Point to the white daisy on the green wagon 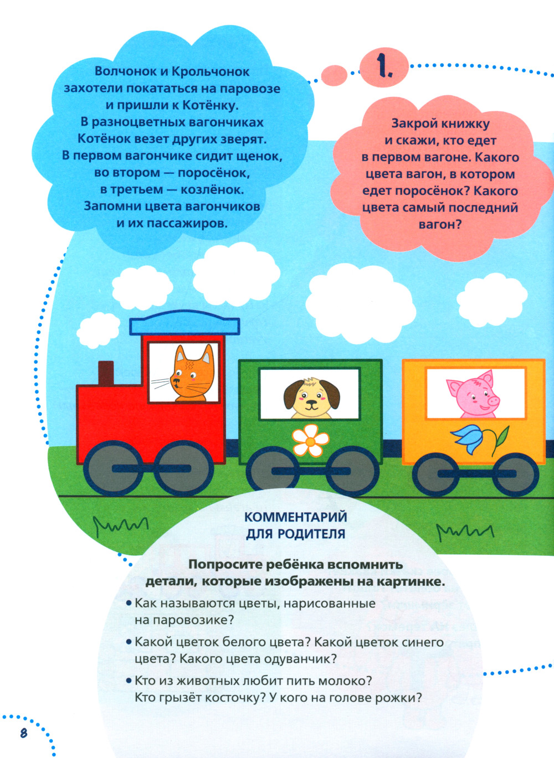pyautogui.click(x=310, y=440)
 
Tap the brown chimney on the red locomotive pyautogui.click(x=106, y=373)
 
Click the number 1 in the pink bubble pyautogui.click(x=384, y=69)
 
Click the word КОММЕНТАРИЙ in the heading pyautogui.click(x=296, y=517)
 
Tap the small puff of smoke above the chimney pyautogui.click(x=98, y=330)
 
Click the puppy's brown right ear pyautogui.click(x=330, y=394)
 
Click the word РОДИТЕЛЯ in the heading pyautogui.click(x=311, y=534)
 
